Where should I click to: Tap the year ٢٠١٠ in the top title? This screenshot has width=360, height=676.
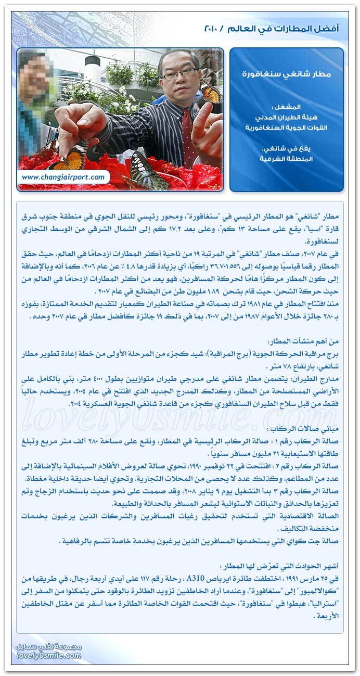coord(213,29)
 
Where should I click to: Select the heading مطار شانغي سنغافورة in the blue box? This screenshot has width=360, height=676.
coord(287,74)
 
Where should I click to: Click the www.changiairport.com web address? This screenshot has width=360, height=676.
coord(64,177)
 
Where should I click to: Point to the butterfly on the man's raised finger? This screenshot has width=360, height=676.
coord(211,94)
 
